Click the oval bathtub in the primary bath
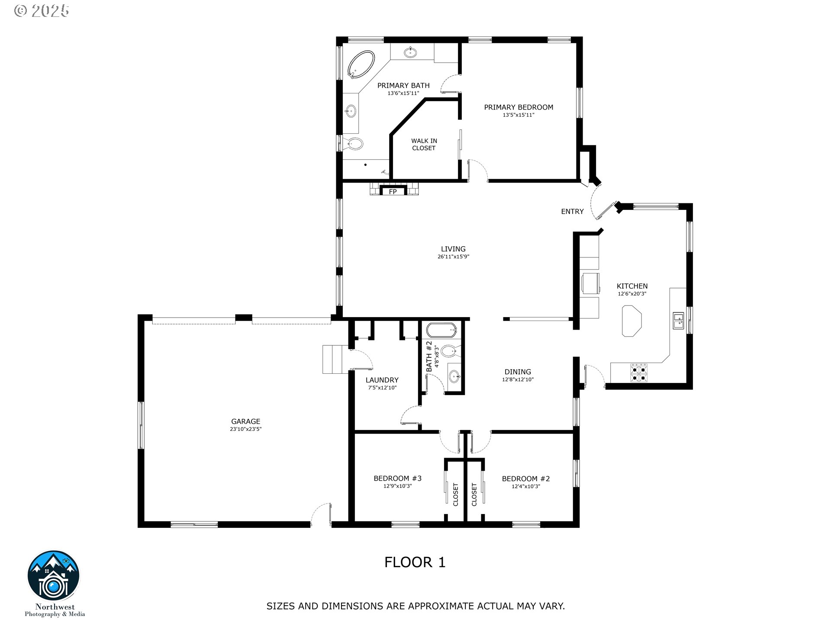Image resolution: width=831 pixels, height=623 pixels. pyautogui.click(x=361, y=65)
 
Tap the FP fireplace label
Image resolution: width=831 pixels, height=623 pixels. pyautogui.click(x=393, y=192)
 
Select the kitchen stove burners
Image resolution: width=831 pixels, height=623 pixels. pyautogui.click(x=639, y=373)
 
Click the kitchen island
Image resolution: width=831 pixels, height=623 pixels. pyautogui.click(x=632, y=321)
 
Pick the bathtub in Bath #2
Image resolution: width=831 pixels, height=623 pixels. pyautogui.click(x=441, y=330)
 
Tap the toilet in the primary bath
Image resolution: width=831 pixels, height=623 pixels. pyautogui.click(x=354, y=144)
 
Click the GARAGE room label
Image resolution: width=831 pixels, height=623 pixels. pyautogui.click(x=246, y=421)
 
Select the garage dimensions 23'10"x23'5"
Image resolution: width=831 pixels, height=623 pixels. pyautogui.click(x=246, y=429)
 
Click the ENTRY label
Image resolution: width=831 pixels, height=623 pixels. pyautogui.click(x=572, y=212)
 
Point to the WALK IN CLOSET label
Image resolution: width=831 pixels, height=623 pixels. pyautogui.click(x=424, y=145)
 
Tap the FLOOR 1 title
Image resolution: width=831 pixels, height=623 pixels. pyautogui.click(x=415, y=562)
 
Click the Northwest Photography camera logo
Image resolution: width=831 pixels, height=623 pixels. pyautogui.click(x=54, y=576)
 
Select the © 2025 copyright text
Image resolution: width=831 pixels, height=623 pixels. pyautogui.click(x=42, y=11)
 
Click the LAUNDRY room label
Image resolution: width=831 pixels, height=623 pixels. pyautogui.click(x=382, y=380)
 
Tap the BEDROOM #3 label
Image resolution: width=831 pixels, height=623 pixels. pyautogui.click(x=397, y=478)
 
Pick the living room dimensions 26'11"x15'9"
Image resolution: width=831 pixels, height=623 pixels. pyautogui.click(x=453, y=257)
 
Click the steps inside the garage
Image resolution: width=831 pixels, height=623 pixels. pyautogui.click(x=333, y=359)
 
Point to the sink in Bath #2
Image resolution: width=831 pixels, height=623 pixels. pyautogui.click(x=454, y=376)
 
